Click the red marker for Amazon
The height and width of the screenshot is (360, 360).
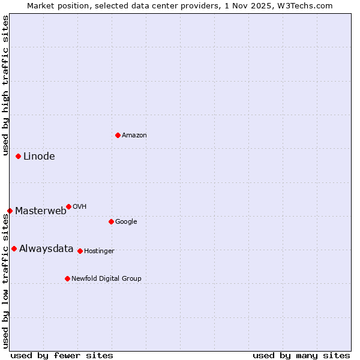[118, 135]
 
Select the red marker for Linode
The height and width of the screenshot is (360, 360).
[18, 156]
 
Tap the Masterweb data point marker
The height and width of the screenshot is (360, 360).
[10, 211]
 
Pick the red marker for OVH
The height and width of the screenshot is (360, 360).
[68, 206]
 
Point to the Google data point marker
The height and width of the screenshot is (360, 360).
[111, 221]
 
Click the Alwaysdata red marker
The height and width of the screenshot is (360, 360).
[14, 248]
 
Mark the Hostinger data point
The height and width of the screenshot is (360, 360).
[80, 251]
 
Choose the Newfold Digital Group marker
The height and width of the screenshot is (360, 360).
[67, 278]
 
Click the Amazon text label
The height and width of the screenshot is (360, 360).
[134, 136]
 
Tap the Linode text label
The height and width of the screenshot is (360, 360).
[39, 157]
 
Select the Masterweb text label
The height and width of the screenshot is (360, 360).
[41, 211]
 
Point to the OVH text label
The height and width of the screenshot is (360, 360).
[80, 207]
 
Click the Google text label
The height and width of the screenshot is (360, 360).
[126, 222]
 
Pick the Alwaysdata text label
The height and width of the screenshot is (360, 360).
[46, 249]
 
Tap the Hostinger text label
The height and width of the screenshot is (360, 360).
[99, 251]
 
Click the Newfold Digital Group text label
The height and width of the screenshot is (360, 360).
[106, 279]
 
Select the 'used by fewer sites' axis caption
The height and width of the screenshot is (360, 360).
[62, 355]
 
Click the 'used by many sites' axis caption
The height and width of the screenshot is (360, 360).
[301, 355]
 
